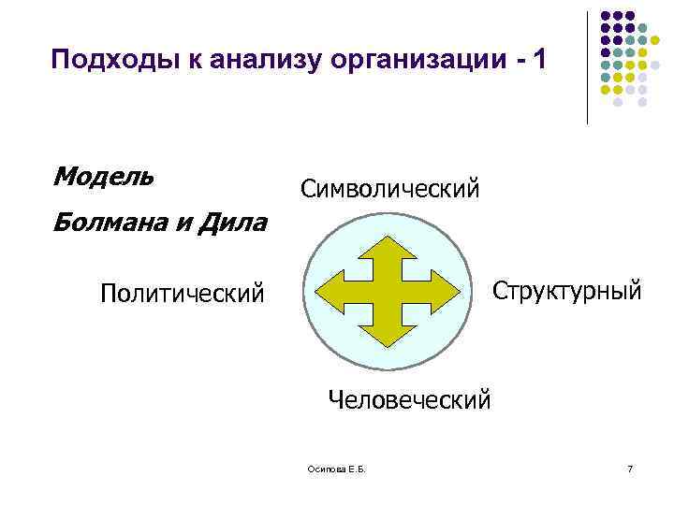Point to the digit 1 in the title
point(535,62)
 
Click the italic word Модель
point(104,176)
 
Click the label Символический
point(390,189)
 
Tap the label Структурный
point(567,290)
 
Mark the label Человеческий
point(409,400)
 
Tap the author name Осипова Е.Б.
point(329,467)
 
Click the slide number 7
point(630,467)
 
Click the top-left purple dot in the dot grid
point(605,16)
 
